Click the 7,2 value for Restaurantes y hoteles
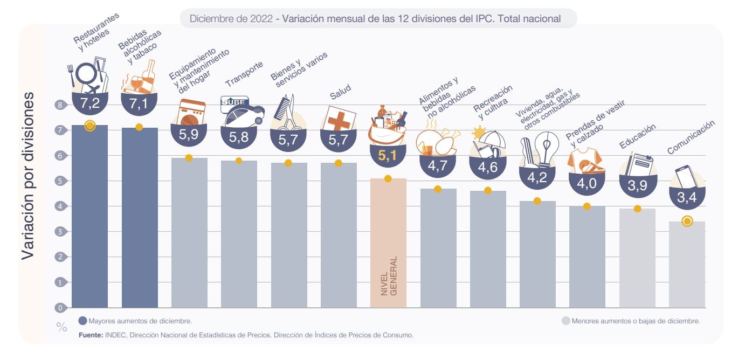tap(90, 105)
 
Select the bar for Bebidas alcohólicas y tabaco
tap(140, 216)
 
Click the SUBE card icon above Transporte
tap(232, 102)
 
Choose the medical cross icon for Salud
tap(339, 119)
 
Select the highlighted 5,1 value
tap(388, 157)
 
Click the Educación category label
tap(638, 136)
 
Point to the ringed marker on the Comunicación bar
tap(687, 221)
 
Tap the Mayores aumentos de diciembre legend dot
tap(82, 321)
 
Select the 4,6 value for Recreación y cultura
tap(488, 167)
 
